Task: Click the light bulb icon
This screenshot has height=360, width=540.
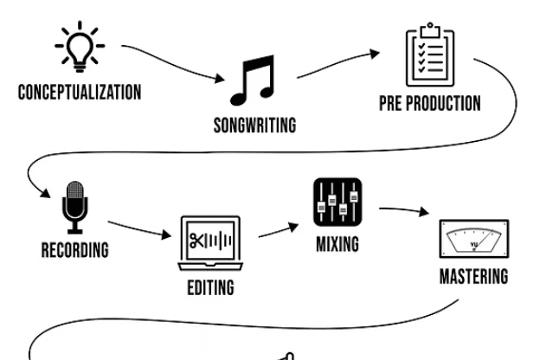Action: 80,45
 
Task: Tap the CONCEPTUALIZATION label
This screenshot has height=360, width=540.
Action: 80,93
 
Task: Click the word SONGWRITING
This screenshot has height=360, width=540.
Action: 254,125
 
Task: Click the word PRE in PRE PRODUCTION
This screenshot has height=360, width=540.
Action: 391,104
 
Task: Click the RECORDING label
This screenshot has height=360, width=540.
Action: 75,250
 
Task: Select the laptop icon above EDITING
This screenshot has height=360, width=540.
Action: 210,241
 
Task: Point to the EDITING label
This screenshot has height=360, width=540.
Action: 210,287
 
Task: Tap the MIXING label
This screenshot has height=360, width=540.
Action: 336,244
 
